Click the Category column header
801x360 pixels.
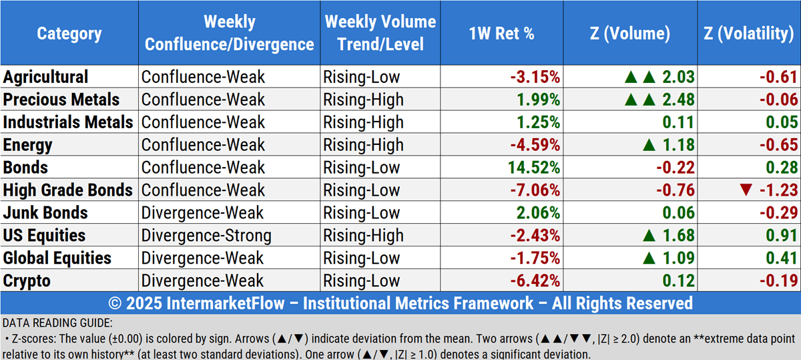pyautogui.click(x=69, y=33)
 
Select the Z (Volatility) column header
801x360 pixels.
pyautogui.click(x=748, y=33)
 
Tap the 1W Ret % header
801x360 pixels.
pyautogui.click(x=501, y=33)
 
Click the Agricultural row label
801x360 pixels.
pyautogui.click(x=46, y=77)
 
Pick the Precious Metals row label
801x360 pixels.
pyautogui.click(x=61, y=100)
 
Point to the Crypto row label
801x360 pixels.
pyautogui.click(x=27, y=281)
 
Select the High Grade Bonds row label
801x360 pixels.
pyautogui.click(x=68, y=190)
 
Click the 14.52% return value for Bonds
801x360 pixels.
pyautogui.click(x=533, y=168)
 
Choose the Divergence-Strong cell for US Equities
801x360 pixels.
pyautogui.click(x=207, y=236)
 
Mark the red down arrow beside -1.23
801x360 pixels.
pyautogui.click(x=746, y=190)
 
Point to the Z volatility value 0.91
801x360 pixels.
pyautogui.click(x=784, y=236)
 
